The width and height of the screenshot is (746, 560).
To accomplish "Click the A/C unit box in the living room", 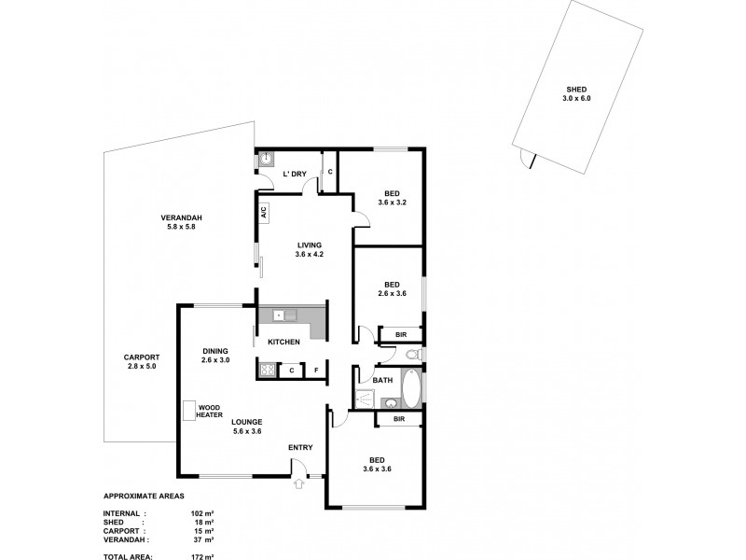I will point(264,212).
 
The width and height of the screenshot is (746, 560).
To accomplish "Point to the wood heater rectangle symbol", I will point(188,411).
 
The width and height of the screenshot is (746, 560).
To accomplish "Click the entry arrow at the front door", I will point(298,483).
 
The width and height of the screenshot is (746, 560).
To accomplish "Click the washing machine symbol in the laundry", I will point(265,160).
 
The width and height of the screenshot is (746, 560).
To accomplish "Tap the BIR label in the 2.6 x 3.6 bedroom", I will point(400,334).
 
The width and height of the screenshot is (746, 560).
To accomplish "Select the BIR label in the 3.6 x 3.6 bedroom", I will point(398,420).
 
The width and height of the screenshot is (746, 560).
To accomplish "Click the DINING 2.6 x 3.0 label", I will point(215,356).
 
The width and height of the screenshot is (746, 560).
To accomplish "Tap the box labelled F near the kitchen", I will point(316,371).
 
